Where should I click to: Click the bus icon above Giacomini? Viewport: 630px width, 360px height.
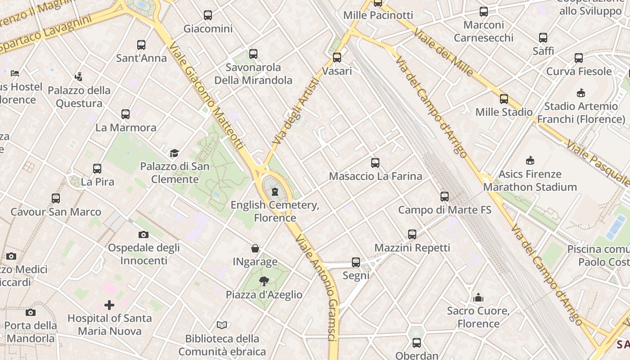[x=207, y=15]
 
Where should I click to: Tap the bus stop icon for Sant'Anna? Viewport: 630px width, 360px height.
[x=141, y=45]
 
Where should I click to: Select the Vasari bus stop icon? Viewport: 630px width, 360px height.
[x=337, y=58]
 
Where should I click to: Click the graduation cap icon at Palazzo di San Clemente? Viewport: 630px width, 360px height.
[x=174, y=153]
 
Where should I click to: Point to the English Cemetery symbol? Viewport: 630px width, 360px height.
[x=275, y=192]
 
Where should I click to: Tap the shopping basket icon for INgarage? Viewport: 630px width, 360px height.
[x=255, y=248]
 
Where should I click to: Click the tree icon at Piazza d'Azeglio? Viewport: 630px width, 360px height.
[x=264, y=281]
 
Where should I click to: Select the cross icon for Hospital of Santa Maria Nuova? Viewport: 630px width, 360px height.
[x=109, y=305]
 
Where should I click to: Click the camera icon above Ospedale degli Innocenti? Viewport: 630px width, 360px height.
[x=144, y=234]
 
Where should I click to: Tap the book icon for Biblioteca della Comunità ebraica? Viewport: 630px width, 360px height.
[x=222, y=325]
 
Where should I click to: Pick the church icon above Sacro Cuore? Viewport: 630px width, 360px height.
[x=478, y=297]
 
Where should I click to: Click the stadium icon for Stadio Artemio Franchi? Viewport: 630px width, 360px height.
[x=580, y=93]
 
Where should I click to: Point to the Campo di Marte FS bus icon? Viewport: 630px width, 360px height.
[x=445, y=196]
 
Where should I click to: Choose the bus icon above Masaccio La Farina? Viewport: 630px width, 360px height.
[x=375, y=162]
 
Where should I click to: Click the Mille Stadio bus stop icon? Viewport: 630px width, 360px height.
[x=504, y=99]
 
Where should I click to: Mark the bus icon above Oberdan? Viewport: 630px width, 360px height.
[x=417, y=342]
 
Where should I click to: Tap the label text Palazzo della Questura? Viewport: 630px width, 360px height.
[x=79, y=97]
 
